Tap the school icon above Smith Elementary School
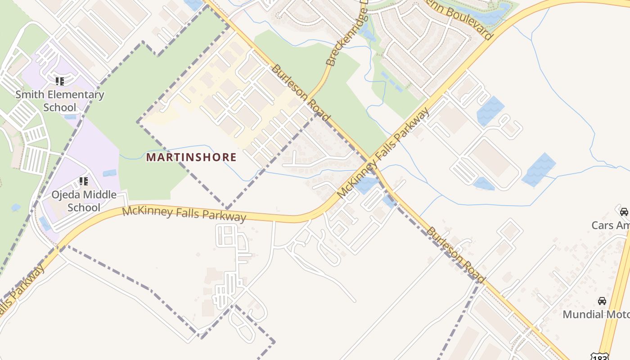point(60,81)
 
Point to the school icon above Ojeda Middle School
point(84,181)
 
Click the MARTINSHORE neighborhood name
point(191,157)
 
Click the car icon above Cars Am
point(624,211)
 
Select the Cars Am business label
point(610,225)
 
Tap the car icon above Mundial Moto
point(602,301)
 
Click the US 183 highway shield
point(601,357)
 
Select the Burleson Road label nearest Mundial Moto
point(455,255)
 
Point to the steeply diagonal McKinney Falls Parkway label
point(383,153)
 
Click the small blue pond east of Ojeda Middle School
point(109,173)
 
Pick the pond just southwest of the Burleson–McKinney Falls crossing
point(365,184)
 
